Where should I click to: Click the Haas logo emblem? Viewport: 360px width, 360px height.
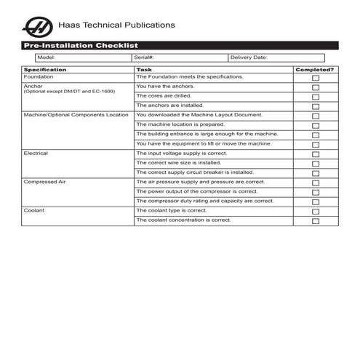[37, 28]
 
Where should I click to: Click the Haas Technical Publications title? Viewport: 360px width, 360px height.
[118, 25]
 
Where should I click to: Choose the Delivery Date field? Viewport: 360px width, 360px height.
[276, 57]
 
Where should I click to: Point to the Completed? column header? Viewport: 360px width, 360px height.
[315, 69]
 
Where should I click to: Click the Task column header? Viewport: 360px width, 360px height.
[144, 69]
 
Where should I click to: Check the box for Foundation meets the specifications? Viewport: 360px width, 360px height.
[315, 78]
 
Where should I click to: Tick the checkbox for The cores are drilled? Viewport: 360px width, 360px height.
[315, 97]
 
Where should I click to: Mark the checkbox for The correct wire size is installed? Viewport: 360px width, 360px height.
[315, 164]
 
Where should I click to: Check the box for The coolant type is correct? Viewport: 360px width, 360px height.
[315, 211]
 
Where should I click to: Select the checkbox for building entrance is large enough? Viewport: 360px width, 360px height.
[315, 135]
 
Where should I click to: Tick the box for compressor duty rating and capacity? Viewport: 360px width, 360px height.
[315, 201]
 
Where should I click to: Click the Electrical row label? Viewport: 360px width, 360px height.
[36, 153]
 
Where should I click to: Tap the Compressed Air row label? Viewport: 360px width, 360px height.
[44, 182]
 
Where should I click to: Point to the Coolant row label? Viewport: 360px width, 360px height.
[34, 210]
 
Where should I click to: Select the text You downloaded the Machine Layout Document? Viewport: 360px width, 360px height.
[199, 115]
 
